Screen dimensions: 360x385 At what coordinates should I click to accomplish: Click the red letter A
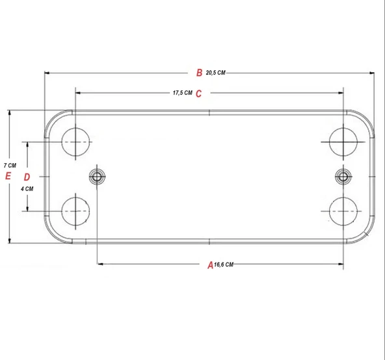[x=210, y=264]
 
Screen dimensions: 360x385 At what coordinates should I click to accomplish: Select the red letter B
[x=200, y=72]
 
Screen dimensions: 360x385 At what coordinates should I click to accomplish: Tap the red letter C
[x=199, y=94]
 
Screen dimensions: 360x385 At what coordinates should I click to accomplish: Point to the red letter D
[x=27, y=177]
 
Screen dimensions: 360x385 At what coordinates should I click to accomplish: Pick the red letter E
[x=8, y=175]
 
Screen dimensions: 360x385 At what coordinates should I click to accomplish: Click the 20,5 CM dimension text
[x=215, y=73]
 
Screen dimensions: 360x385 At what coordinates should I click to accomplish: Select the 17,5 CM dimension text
[x=183, y=94]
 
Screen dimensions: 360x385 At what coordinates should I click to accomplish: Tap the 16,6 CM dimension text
[x=224, y=264]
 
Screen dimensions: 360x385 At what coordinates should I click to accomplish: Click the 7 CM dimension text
[x=9, y=164]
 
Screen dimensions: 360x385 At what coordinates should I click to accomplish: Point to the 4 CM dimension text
[x=27, y=188]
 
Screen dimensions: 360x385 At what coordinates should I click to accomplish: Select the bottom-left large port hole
[x=75, y=211]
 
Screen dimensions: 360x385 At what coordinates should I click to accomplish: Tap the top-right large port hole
[x=343, y=142]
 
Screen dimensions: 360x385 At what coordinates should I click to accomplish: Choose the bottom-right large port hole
[x=343, y=211]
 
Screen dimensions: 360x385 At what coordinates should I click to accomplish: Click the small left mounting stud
[x=97, y=176]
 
